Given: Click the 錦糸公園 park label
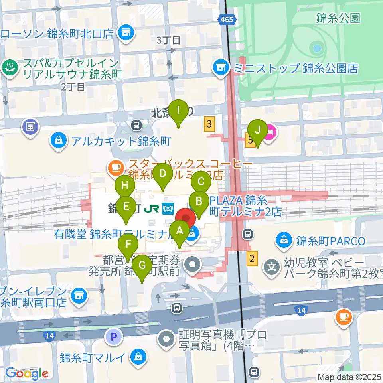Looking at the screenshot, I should (x=338, y=18).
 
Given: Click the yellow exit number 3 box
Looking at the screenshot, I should (x=209, y=124).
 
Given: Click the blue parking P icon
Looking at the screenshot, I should (x=114, y=337).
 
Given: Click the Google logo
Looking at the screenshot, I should (x=27, y=373).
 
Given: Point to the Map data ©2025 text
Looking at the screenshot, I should (x=349, y=377).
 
